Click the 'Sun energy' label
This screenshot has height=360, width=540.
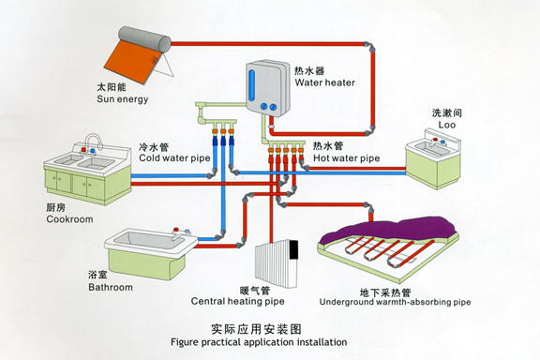click(123, 99)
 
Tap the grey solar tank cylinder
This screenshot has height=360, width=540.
click(144, 39)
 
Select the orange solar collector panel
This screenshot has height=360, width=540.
click(132, 61)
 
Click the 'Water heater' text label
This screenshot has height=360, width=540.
click(324, 82)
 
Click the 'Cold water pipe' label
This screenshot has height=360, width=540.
click(174, 158)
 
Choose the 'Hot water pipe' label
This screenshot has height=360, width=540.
click(347, 158)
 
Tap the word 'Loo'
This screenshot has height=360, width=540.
click(446, 125)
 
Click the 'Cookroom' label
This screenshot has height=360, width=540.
click(69, 219)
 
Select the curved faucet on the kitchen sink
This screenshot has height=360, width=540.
click(93, 142)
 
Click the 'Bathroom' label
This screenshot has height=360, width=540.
click(111, 287)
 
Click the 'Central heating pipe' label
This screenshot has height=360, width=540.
click(237, 302)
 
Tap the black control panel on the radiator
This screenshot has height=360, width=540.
click(293, 249)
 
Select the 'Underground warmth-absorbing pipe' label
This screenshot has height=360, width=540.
click(395, 302)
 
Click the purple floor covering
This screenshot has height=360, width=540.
click(393, 229)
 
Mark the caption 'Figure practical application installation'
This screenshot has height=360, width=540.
click(259, 342)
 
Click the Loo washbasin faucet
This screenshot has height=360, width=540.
click(437, 142)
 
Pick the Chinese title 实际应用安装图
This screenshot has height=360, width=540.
click(256, 329)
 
